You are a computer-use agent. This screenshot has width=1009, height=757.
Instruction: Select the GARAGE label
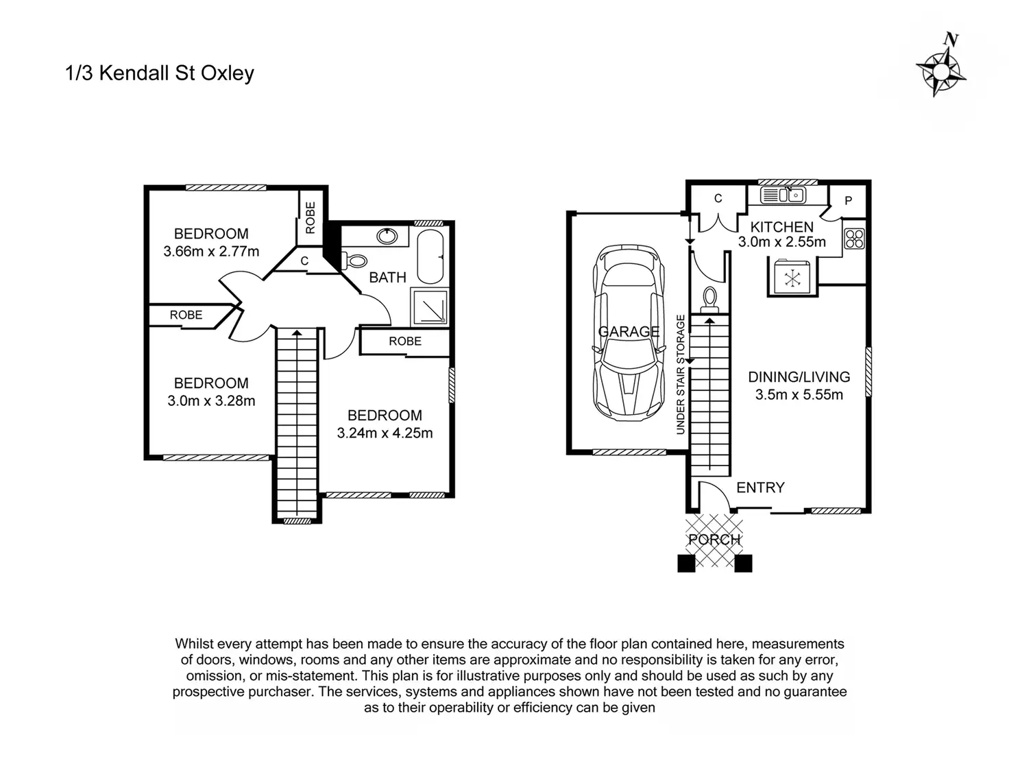(629, 332)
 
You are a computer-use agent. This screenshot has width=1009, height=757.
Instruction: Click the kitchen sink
(783, 195)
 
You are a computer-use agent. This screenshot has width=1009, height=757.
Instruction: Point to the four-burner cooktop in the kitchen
(853, 238)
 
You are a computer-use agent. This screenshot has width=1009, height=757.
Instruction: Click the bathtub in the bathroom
(430, 256)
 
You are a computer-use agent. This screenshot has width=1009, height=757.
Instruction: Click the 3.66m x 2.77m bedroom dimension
(211, 252)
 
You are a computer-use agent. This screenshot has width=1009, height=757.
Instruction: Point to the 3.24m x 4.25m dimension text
(385, 433)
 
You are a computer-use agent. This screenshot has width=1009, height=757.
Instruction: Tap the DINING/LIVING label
(799, 377)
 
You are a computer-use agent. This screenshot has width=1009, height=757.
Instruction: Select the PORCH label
(714, 540)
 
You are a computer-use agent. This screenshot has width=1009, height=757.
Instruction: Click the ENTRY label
(760, 488)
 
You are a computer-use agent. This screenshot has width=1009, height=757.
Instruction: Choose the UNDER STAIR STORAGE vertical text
(681, 374)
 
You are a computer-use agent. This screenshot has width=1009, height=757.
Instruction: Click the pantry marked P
(848, 201)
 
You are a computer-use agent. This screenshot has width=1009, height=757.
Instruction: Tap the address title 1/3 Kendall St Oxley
(159, 73)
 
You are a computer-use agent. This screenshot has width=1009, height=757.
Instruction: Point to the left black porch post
(686, 563)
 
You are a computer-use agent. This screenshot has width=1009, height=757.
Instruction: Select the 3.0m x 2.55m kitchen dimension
(781, 242)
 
